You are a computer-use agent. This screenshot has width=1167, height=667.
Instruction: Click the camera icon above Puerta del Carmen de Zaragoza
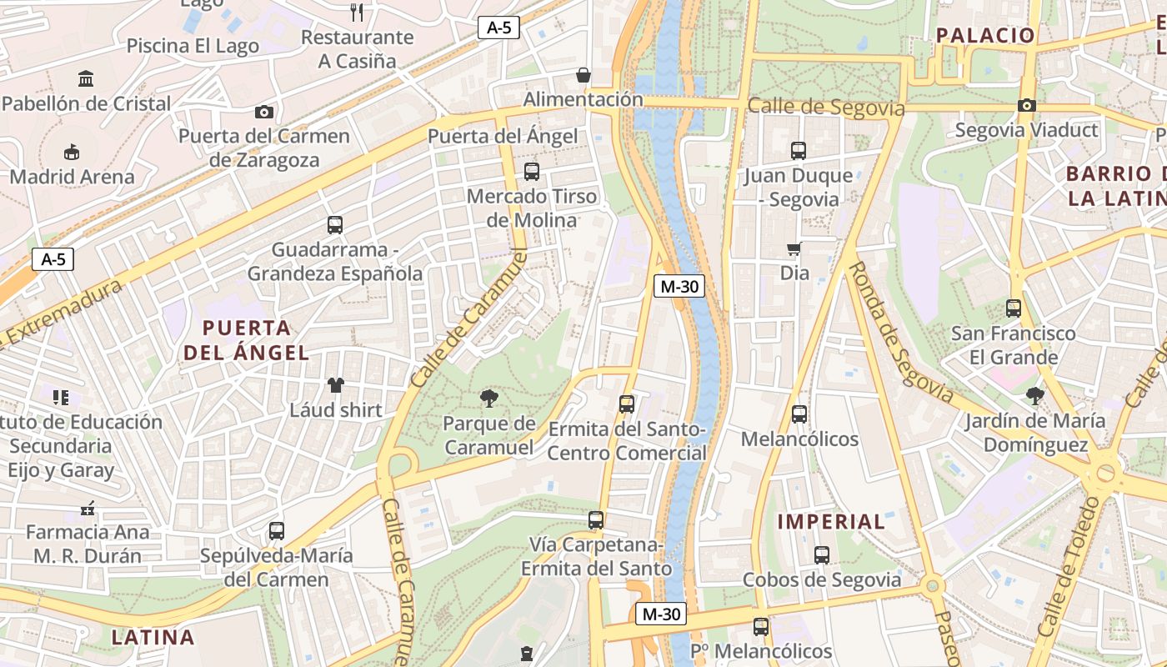(263, 112)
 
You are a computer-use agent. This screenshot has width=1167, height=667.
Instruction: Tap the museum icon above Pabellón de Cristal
(85, 79)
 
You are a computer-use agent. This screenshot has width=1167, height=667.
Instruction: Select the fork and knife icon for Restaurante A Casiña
(358, 12)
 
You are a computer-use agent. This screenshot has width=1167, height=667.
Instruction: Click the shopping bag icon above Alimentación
(583, 75)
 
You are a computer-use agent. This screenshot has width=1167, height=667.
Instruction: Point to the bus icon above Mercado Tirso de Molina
(531, 172)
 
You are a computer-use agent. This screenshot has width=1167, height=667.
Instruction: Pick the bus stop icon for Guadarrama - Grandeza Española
(334, 224)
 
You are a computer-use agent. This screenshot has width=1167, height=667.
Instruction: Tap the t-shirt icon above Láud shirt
(335, 384)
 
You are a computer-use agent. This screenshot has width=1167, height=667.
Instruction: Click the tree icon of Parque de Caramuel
(489, 399)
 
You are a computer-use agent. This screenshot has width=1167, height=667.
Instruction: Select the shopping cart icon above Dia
(794, 248)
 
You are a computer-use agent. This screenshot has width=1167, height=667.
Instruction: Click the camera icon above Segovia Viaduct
(1026, 105)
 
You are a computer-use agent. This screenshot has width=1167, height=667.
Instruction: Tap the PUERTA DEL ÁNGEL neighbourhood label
(247, 340)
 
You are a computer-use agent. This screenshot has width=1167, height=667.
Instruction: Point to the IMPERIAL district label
(831, 522)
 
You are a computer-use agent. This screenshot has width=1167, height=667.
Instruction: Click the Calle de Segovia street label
(825, 108)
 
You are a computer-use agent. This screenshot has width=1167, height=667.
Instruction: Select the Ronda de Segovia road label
(899, 332)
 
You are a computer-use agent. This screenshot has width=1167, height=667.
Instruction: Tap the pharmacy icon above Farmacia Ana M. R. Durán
(87, 508)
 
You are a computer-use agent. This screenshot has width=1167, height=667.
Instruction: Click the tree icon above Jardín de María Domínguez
(1034, 395)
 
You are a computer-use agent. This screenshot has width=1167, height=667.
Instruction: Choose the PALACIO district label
(985, 35)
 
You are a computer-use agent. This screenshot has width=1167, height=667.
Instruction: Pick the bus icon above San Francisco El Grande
(1013, 308)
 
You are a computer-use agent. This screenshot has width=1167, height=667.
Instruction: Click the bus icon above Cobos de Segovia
(821, 554)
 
